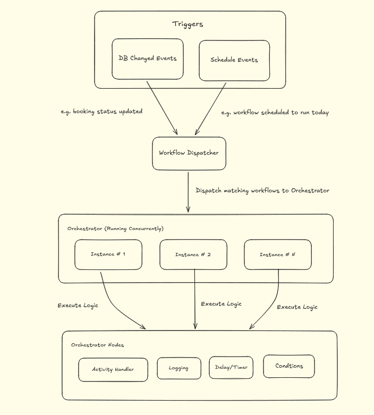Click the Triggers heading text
(x=188, y=24)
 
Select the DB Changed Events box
(x=148, y=58)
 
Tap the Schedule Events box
(x=234, y=60)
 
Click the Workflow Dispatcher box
(x=189, y=153)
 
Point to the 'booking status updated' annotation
(x=101, y=112)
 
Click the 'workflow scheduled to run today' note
(x=275, y=113)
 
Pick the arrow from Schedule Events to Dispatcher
(x=211, y=108)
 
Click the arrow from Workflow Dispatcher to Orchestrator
(x=188, y=191)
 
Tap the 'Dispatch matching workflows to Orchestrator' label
(x=262, y=190)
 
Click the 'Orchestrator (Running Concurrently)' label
(x=115, y=228)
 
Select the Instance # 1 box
(x=108, y=254)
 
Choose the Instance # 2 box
(x=193, y=255)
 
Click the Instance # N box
(x=277, y=255)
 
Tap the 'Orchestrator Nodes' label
(x=98, y=345)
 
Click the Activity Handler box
(x=113, y=369)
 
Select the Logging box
(x=178, y=368)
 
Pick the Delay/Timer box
(x=231, y=367)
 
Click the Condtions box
(x=289, y=366)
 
